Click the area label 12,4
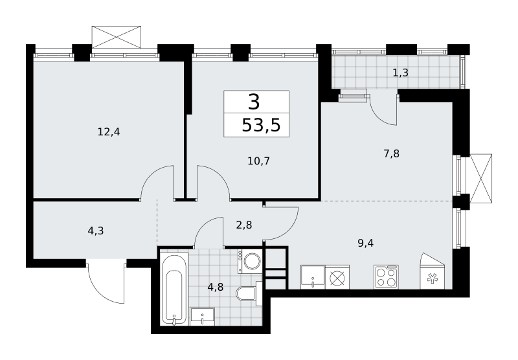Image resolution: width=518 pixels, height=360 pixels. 109,132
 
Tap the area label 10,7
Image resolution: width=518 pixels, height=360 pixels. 258,161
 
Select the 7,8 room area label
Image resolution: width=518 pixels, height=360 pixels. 392,153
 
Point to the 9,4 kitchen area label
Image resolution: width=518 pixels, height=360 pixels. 365,243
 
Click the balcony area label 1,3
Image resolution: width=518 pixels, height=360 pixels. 400,73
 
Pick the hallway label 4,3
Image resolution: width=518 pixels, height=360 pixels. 96,231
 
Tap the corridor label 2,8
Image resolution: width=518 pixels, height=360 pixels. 244,225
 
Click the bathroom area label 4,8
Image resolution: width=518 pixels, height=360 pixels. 216,287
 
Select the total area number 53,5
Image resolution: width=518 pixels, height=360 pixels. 261,126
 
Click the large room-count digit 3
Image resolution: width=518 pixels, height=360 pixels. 254,102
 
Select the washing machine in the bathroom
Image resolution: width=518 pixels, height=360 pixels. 250,261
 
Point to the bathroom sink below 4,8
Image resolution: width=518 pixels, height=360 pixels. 203,317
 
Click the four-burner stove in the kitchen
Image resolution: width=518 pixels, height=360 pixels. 386,277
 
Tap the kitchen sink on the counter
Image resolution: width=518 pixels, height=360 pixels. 313,277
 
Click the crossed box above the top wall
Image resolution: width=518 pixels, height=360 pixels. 117,38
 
